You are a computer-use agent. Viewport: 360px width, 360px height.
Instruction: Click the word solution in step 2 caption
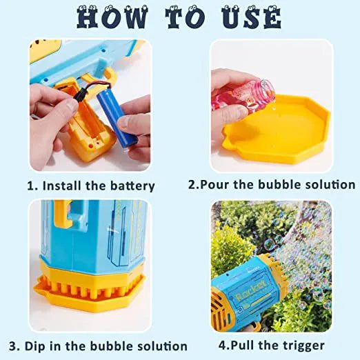(330, 186)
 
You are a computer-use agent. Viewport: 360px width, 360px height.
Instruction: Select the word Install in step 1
(63, 186)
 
